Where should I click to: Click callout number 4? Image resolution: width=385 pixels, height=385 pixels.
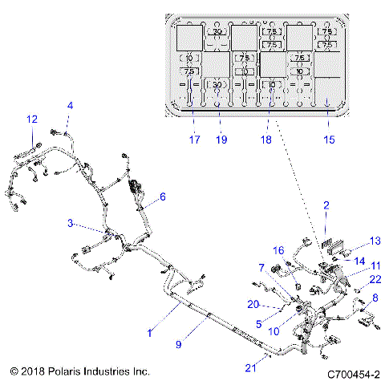(x=70, y=106)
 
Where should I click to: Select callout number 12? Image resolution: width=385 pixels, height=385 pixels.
(x=32, y=119)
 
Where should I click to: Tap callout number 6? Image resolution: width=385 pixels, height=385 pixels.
(x=163, y=197)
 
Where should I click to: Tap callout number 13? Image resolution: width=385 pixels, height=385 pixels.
(x=374, y=241)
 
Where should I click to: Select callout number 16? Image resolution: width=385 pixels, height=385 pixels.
(x=280, y=250)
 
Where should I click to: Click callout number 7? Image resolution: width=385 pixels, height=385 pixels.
(x=261, y=267)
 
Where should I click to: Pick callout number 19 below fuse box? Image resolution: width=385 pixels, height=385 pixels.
(x=221, y=139)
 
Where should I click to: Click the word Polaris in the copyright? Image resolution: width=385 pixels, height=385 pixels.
(x=59, y=372)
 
